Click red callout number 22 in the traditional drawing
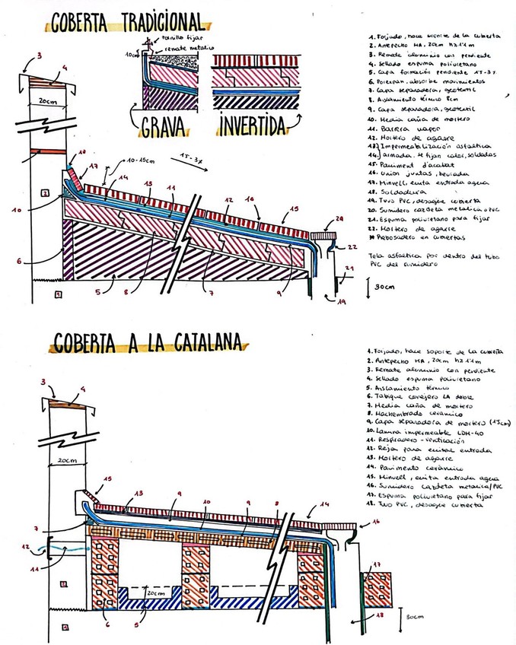pos(352,247)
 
